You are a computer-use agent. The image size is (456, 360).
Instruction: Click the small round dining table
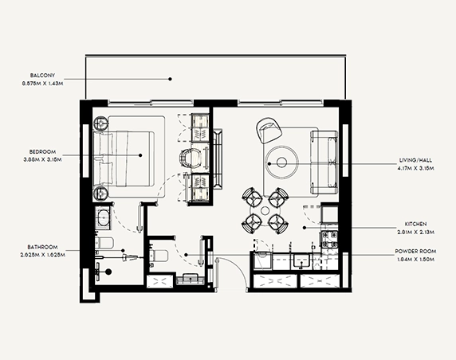pyautogui.click(x=265, y=209)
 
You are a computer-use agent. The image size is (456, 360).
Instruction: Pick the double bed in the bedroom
pyautogui.click(x=128, y=155)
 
